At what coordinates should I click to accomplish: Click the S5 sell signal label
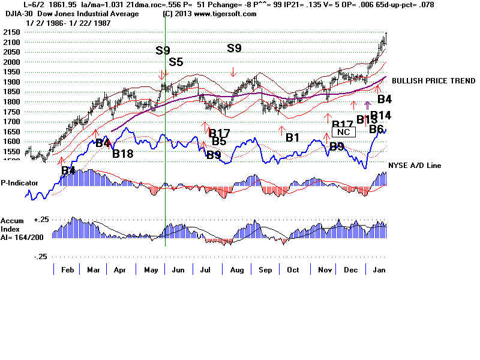point(176,61)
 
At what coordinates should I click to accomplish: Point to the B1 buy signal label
point(293,137)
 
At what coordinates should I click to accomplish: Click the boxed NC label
point(344,132)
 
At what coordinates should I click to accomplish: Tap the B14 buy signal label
point(381,115)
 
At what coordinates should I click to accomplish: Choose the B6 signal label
point(376,129)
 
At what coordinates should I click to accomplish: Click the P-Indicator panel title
point(20,182)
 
